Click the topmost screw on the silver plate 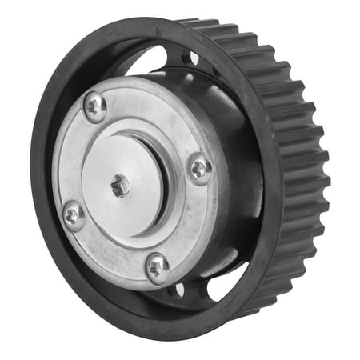click(x=95, y=106)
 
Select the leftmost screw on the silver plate click(x=73, y=214)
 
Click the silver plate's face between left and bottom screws click(x=104, y=248)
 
